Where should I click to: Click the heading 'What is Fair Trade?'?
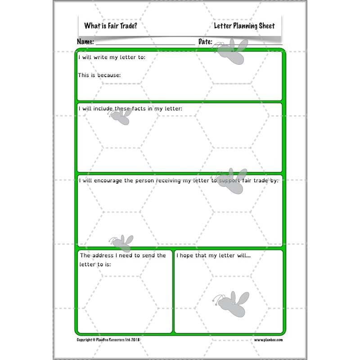tap(111, 26)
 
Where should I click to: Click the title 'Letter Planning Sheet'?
tap(244, 26)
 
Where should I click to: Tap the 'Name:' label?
tap(85, 42)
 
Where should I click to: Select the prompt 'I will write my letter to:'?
tap(112, 58)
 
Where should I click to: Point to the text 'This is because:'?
tap(99, 75)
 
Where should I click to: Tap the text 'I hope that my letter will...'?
tap(214, 256)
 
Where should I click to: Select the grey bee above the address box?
tap(121, 242)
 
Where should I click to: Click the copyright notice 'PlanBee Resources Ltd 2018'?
tap(109, 340)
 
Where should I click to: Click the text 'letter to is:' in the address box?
tap(95, 265)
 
